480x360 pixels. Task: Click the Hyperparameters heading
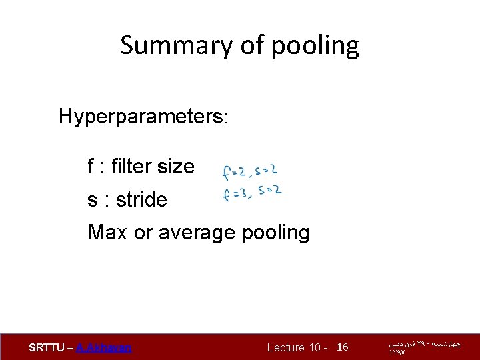tap(143, 117)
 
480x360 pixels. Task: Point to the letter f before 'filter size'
tap(91, 166)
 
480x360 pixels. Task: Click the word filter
tap(133, 166)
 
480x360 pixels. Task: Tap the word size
tap(176, 166)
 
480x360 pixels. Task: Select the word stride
tap(141, 199)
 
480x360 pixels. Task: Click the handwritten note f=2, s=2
tap(250, 172)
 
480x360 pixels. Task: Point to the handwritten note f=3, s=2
tap(251, 194)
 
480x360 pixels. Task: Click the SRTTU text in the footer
tap(47, 347)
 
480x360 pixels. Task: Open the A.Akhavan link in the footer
tap(104, 347)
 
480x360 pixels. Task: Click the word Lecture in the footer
tap(286, 347)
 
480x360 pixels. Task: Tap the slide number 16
tap(343, 347)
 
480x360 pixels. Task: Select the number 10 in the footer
tap(315, 347)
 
